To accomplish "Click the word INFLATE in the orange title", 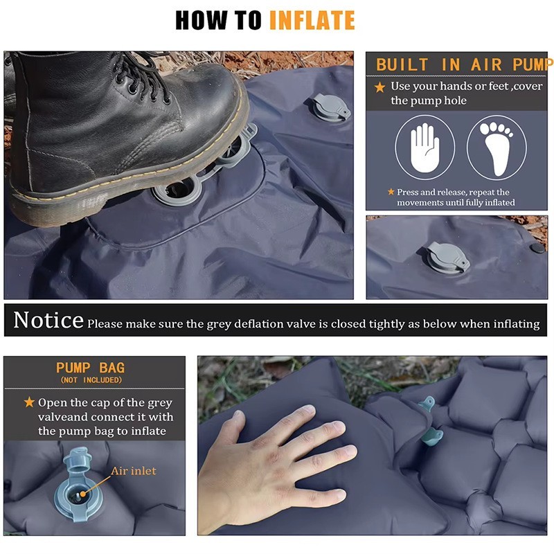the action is click(x=312, y=20).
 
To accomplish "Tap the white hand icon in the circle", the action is click(x=425, y=148).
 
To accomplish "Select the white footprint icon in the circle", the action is click(x=496, y=148).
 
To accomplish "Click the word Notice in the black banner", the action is click(x=48, y=320).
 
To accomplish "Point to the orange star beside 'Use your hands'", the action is click(x=379, y=87).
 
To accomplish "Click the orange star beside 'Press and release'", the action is click(x=391, y=192).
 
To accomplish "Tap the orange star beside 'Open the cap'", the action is click(x=29, y=402).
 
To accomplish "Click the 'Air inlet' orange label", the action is click(x=134, y=471).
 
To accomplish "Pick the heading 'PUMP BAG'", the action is click(x=91, y=368).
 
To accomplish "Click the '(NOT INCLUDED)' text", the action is click(x=91, y=380).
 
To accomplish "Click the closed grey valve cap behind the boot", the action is click(x=330, y=107).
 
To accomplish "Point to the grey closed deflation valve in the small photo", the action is click(x=446, y=257).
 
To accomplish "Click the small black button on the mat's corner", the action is click(x=537, y=248).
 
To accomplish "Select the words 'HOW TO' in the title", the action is click(x=218, y=20).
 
